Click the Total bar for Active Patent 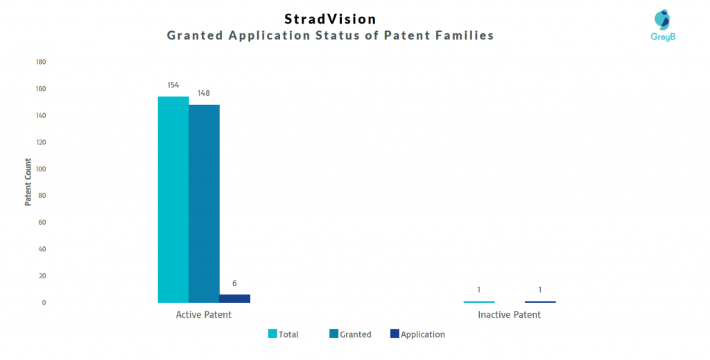[173, 200]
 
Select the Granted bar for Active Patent [205, 204]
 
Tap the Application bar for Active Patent [234, 299]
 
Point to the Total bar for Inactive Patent [479, 302]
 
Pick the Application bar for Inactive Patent [540, 302]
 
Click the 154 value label [173, 85]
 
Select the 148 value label [204, 93]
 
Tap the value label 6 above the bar [234, 284]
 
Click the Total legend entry [284, 334]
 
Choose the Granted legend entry [350, 334]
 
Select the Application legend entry [417, 334]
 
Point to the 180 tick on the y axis [41, 62]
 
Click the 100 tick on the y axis [41, 169]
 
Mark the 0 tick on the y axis [44, 302]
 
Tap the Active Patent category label [204, 315]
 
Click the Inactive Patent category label [510, 315]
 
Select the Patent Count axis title [28, 182]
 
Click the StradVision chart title [331, 19]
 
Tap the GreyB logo [663, 25]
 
